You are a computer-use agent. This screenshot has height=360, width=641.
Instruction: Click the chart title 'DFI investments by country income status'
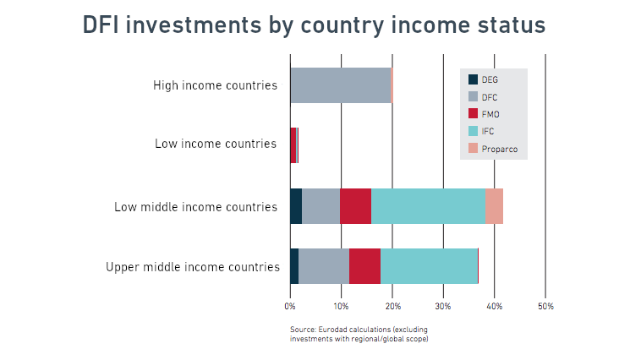tap(314, 25)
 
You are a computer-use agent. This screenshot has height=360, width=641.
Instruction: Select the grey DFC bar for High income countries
tap(341, 85)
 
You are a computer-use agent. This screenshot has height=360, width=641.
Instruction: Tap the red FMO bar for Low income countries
tap(293, 145)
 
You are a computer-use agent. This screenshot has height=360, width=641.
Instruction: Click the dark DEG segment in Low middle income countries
tap(296, 206)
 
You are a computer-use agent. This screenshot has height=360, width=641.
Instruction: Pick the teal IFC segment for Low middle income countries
tap(428, 206)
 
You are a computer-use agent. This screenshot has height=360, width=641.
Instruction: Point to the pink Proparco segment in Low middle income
tap(494, 206)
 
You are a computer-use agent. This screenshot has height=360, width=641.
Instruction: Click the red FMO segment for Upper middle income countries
tap(364, 266)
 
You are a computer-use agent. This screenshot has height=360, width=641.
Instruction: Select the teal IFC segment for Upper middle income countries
tap(429, 266)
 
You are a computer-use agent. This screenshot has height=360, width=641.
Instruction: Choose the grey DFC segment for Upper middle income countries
tap(324, 266)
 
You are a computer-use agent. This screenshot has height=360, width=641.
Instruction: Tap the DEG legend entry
tap(483, 79)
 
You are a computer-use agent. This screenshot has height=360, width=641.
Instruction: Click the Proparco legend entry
tap(493, 149)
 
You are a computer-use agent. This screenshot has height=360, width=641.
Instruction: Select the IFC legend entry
tap(481, 131)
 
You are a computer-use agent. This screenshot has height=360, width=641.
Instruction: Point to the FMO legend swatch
tap(473, 113)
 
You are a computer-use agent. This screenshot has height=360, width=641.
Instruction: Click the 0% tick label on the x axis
tap(290, 306)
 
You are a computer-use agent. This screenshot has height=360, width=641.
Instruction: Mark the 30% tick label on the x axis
tap(443, 306)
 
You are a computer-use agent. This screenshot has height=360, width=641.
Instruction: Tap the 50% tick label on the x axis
tap(545, 306)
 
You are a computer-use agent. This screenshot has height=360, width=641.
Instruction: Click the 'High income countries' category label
tap(215, 85)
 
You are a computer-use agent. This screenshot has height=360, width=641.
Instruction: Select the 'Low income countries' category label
tap(216, 144)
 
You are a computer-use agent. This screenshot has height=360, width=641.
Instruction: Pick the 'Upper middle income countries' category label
tap(193, 267)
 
